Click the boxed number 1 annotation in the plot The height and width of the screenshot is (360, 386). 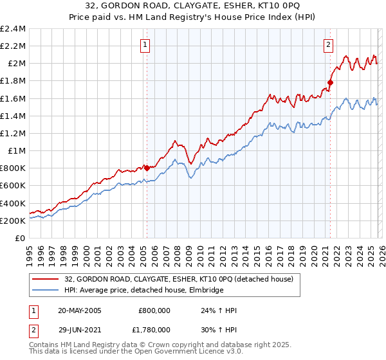pos(145,45)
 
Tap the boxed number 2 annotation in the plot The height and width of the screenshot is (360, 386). pos(329,45)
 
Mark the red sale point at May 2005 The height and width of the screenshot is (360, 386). pos(147,168)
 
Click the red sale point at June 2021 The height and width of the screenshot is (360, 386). pos(330,82)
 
